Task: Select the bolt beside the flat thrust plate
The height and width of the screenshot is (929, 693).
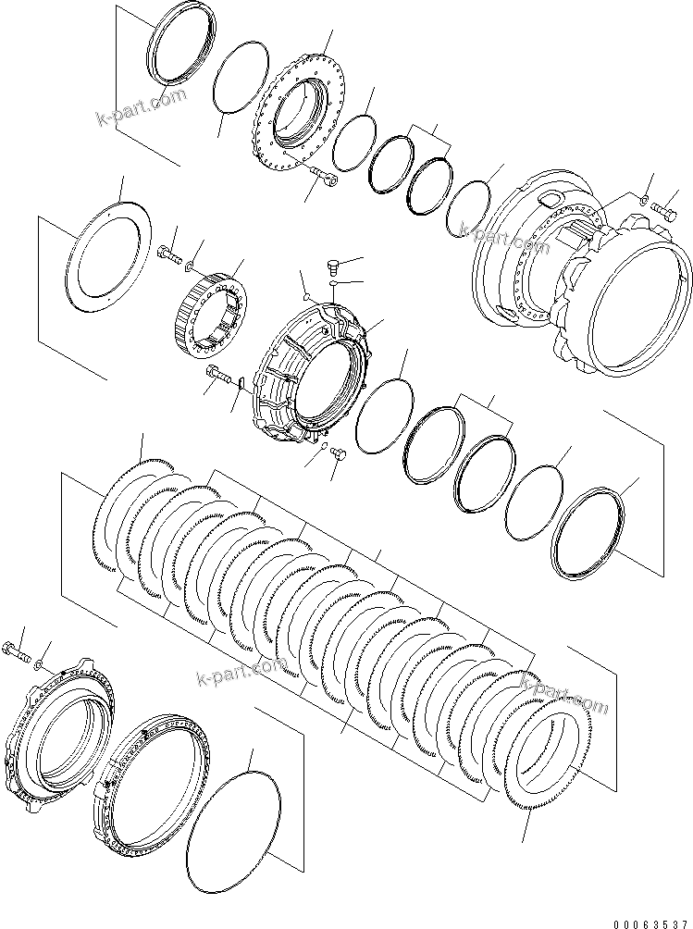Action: click(169, 251)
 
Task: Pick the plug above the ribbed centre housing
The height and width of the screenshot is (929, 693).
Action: click(334, 266)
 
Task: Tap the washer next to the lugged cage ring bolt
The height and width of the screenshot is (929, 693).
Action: click(37, 664)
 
